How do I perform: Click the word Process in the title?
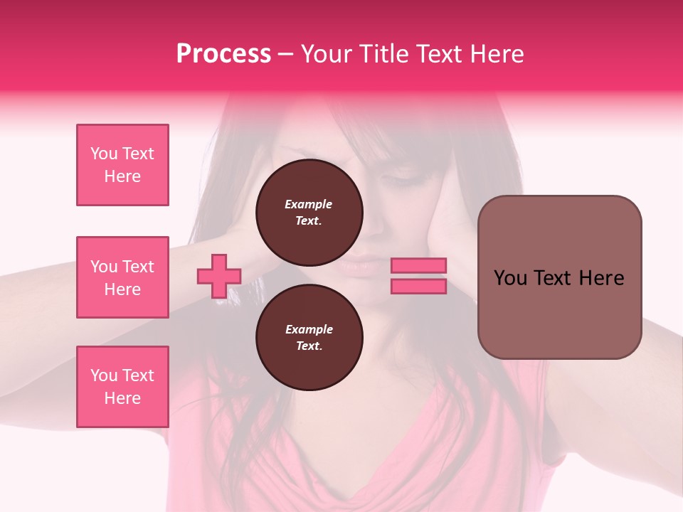pos(223,54)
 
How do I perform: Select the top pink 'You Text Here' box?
pos(122,165)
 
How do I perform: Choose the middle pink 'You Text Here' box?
pos(122,277)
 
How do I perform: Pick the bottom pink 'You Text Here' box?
pos(122,387)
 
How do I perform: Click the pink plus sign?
pos(219,276)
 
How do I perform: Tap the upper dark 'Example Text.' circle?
pos(309,213)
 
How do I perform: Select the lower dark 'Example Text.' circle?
pos(309,338)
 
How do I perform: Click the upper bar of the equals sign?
pos(418,265)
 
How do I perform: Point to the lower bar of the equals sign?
pos(418,286)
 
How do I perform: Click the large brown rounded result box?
pos(559,313)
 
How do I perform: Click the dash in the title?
pos(286,54)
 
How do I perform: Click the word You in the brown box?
pos(509,278)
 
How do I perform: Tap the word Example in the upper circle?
pos(309,204)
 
